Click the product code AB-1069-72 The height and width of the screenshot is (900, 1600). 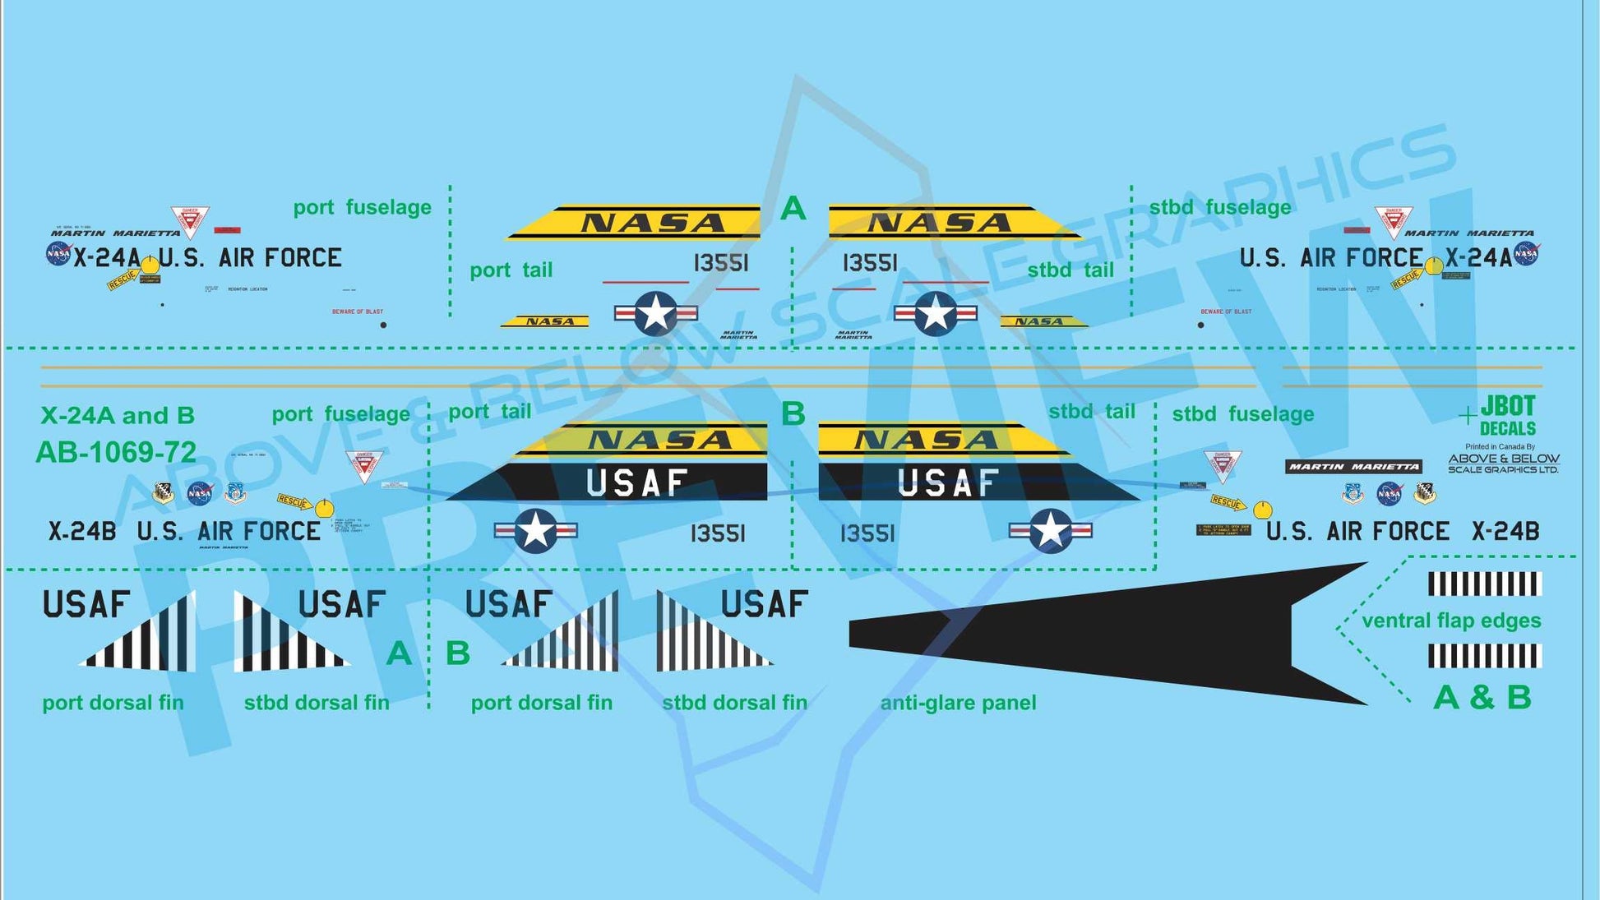(x=116, y=451)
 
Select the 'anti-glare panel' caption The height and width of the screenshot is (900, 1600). (x=958, y=703)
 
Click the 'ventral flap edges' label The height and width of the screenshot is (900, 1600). (x=1451, y=621)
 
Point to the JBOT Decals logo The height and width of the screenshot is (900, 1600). (x=1506, y=416)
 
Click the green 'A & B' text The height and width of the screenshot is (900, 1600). (x=1482, y=698)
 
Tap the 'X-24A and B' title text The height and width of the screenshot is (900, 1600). (x=118, y=415)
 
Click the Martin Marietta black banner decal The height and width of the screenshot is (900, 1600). (x=1353, y=467)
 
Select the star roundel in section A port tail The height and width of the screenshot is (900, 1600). (x=656, y=313)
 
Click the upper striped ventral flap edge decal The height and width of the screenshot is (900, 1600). (x=1484, y=584)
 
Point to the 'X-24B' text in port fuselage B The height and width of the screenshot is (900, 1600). (x=82, y=532)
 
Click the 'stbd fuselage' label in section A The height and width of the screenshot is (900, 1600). (x=1219, y=207)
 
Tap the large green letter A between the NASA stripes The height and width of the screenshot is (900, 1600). (x=793, y=209)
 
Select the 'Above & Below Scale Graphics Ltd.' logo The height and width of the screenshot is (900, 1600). (x=1503, y=464)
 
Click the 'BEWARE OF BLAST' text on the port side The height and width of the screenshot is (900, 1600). (x=358, y=312)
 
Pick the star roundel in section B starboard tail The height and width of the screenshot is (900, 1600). (x=1050, y=531)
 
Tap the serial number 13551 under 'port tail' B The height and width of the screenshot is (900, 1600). (x=718, y=534)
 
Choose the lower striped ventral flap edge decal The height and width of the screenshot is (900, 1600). (x=1484, y=656)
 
